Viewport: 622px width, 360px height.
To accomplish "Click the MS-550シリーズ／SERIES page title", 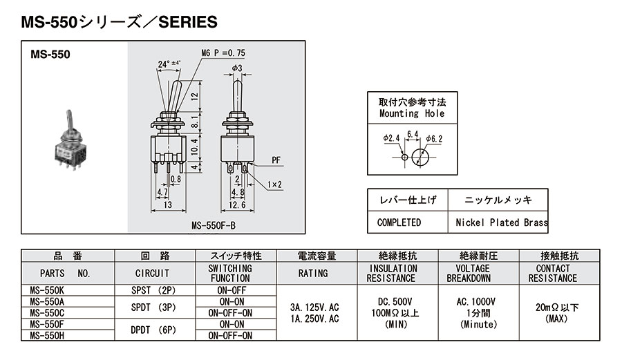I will point(119,23).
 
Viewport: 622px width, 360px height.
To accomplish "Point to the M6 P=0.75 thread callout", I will point(223,53).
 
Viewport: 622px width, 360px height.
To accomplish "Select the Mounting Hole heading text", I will point(412,113).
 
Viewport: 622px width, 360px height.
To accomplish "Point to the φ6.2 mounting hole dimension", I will point(434,139).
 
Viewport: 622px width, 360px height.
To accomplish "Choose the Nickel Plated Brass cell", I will point(501,222).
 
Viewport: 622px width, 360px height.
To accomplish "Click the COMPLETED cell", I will point(399,222).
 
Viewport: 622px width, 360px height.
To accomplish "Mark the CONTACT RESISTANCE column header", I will point(552,273).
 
